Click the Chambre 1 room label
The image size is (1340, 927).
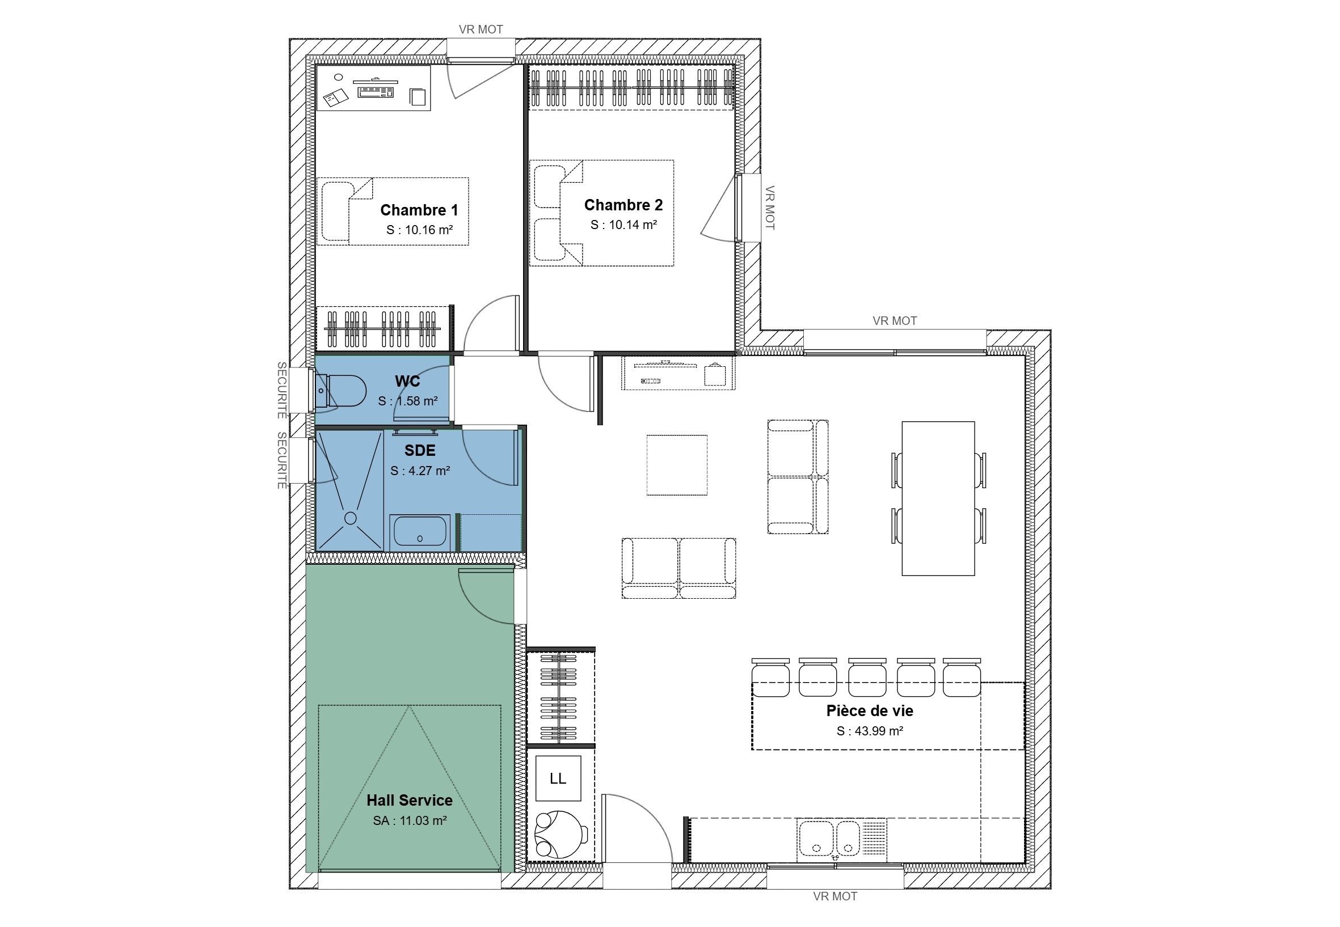click(419, 210)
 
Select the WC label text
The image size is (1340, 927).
click(407, 381)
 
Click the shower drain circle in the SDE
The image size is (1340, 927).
click(351, 518)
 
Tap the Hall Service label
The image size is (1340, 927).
click(410, 800)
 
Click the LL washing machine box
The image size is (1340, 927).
click(558, 778)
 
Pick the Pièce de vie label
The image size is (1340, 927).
click(870, 711)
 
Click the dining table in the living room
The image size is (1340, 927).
click(938, 498)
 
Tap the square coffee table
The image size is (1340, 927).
click(677, 465)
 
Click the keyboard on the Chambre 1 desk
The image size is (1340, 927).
click(376, 91)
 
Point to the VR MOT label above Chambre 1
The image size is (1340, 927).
click(481, 29)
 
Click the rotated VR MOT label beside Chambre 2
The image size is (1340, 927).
click(770, 208)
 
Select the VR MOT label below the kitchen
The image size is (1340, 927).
click(835, 896)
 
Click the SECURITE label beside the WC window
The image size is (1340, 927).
click(282, 390)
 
